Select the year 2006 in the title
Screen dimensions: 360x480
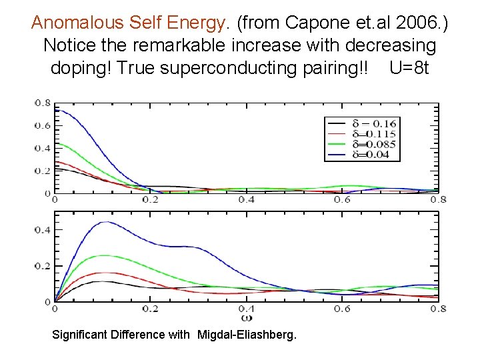click(x=417, y=23)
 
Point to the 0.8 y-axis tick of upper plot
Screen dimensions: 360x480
click(x=43, y=103)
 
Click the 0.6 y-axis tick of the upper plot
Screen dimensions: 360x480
click(x=43, y=125)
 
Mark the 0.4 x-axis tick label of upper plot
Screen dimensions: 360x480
click(x=247, y=200)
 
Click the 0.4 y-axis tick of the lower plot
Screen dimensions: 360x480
click(x=43, y=230)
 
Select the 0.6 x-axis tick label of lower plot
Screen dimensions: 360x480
click(x=343, y=309)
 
